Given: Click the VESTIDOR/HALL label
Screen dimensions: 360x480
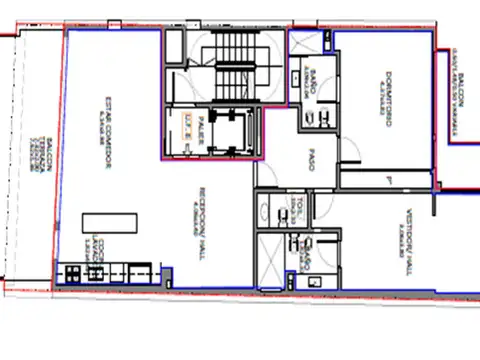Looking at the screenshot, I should pos(397,229).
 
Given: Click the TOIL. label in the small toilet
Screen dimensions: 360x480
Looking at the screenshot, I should pos(299,210).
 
